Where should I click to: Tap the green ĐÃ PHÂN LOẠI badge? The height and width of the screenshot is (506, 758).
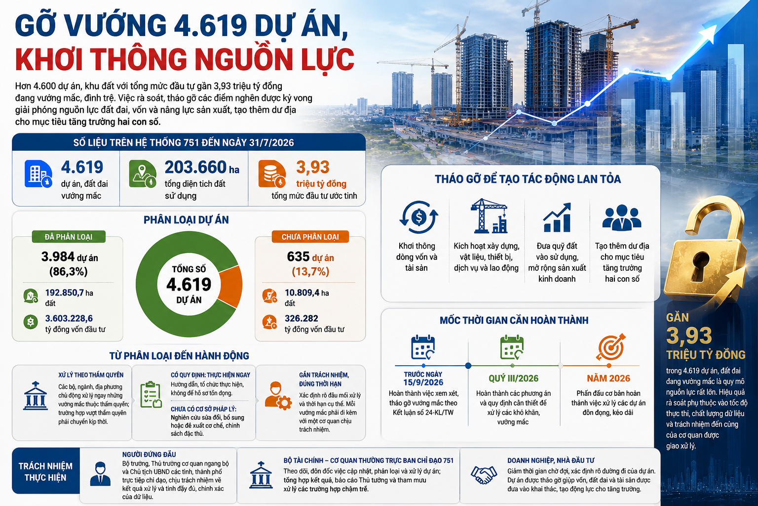click(x=69, y=237)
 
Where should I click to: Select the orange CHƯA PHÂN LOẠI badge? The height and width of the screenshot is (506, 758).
click(x=310, y=237)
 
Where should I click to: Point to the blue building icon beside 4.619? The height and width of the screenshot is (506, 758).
click(x=38, y=174)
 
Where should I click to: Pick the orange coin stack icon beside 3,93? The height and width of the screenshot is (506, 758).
click(x=272, y=174)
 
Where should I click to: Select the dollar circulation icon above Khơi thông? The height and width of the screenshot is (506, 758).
click(x=419, y=217)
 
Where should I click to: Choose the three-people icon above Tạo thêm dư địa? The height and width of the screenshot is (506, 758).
click(x=622, y=218)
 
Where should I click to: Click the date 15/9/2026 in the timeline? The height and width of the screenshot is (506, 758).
click(x=423, y=382)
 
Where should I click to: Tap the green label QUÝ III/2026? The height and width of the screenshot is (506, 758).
click(x=513, y=378)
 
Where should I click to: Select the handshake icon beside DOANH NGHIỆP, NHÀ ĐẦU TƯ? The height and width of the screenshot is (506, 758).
click(x=484, y=474)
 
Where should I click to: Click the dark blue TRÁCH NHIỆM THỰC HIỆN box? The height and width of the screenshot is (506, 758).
click(x=46, y=471)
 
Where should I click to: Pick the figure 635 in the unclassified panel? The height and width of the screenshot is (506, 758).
click(x=298, y=256)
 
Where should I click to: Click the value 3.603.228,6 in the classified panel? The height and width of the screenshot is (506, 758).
click(x=69, y=318)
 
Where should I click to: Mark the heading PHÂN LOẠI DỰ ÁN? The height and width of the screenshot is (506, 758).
click(x=186, y=220)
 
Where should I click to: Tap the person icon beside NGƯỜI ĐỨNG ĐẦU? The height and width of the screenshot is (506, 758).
click(x=100, y=474)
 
